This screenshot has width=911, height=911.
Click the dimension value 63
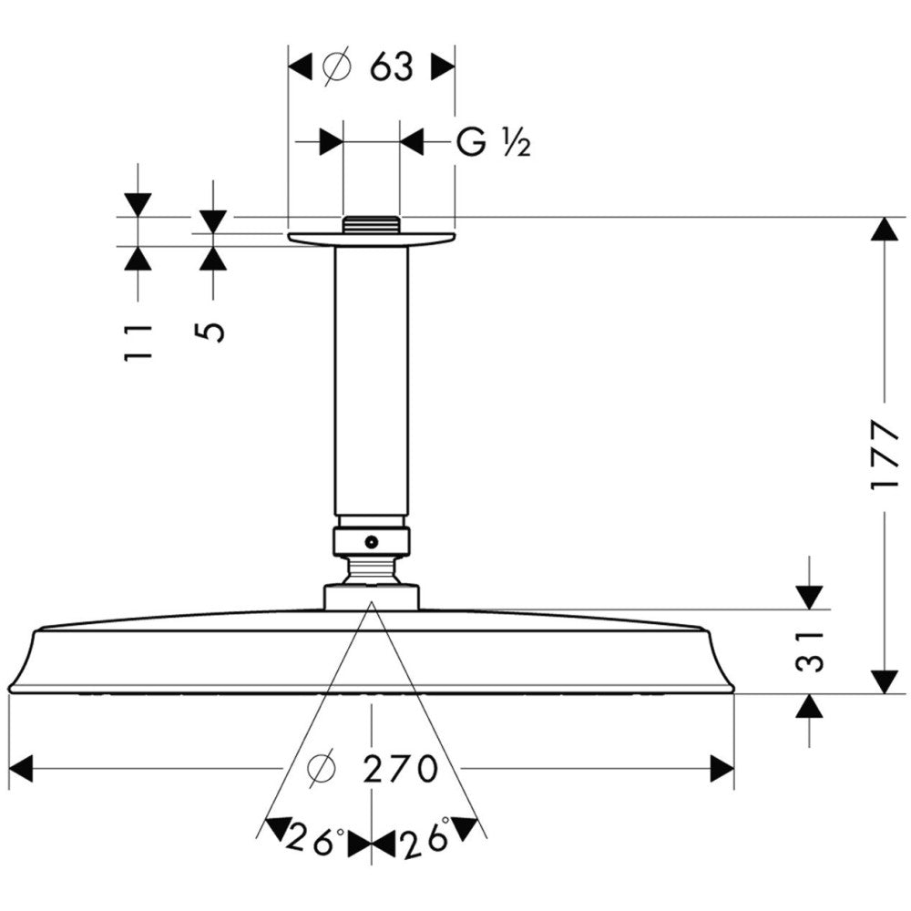(x=392, y=67)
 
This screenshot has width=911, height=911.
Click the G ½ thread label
(x=493, y=142)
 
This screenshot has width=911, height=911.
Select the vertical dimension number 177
(x=884, y=455)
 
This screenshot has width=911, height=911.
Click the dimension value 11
(x=138, y=341)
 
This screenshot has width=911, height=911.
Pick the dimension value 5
(x=212, y=329)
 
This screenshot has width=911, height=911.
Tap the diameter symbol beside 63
(x=336, y=67)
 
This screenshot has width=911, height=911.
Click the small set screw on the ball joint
(x=371, y=542)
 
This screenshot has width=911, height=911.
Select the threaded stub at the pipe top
(x=371, y=224)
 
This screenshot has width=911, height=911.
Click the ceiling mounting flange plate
(x=371, y=239)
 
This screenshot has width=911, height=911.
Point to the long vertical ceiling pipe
(x=371, y=383)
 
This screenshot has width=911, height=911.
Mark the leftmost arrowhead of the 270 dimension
(x=20, y=770)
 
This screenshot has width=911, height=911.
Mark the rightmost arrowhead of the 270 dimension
(x=722, y=770)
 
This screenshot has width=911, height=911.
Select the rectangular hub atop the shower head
(x=371, y=598)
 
